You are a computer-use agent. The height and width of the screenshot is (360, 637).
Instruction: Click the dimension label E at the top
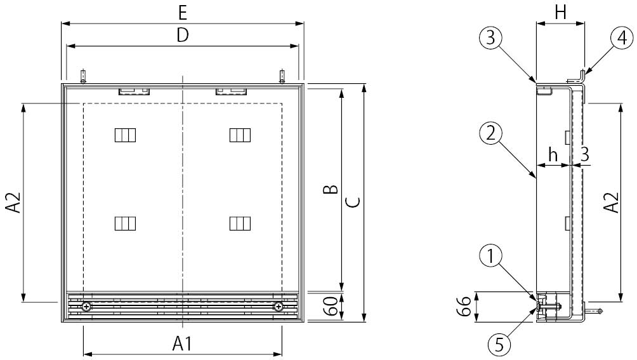pyautogui.click(x=182, y=13)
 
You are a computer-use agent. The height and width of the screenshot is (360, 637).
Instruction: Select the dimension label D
pyautogui.click(x=183, y=36)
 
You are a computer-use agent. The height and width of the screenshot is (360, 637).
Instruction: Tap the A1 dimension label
pyautogui.click(x=182, y=343)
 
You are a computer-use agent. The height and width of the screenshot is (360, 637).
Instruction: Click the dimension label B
pyautogui.click(x=331, y=189)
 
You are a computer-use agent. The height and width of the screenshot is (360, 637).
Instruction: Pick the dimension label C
pyautogui.click(x=354, y=202)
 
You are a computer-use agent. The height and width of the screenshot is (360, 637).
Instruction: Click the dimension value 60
pyautogui.click(x=331, y=307)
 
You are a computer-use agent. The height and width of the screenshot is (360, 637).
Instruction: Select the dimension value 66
pyautogui.click(x=464, y=307)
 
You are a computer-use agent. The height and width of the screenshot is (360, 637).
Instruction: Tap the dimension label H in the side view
pyautogui.click(x=561, y=13)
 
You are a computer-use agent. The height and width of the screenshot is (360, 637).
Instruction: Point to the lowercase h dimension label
pyautogui.click(x=553, y=154)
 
